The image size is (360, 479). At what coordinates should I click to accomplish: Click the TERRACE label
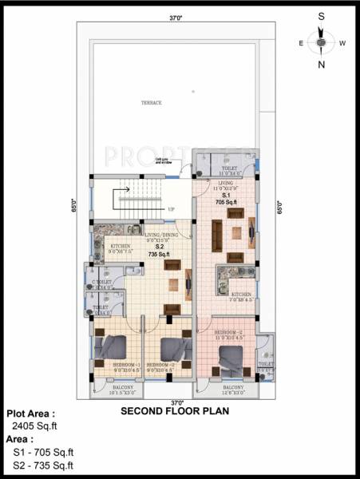(x=152, y=103)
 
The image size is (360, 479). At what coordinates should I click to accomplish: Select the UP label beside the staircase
(x=171, y=210)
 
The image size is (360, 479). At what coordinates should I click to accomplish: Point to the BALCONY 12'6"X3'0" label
(x=231, y=390)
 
